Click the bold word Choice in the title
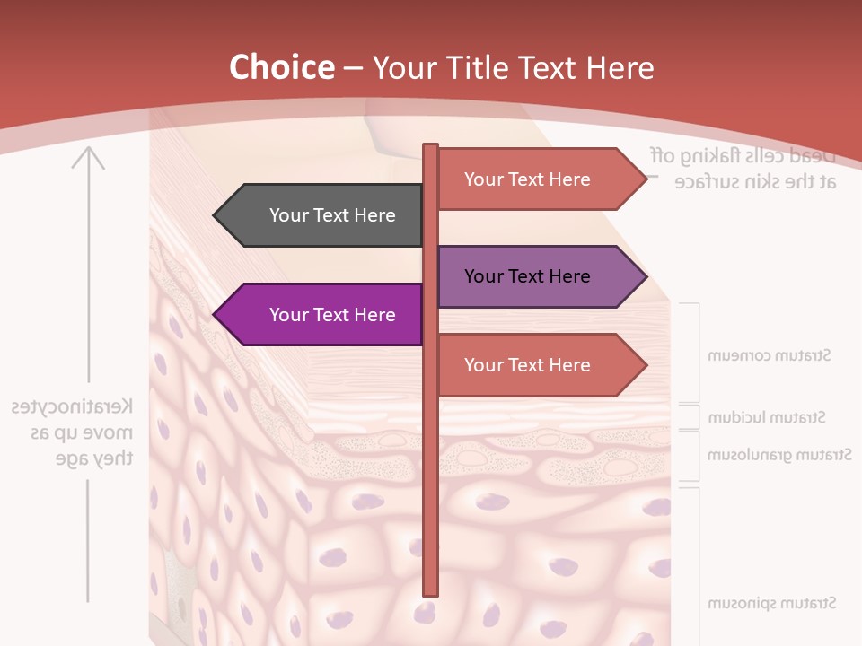click(281, 67)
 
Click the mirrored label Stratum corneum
click(770, 355)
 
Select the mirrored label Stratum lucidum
click(767, 417)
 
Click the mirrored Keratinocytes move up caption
click(72, 432)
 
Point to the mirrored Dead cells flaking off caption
click(743, 168)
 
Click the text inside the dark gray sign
click(332, 215)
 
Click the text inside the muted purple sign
click(527, 276)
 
